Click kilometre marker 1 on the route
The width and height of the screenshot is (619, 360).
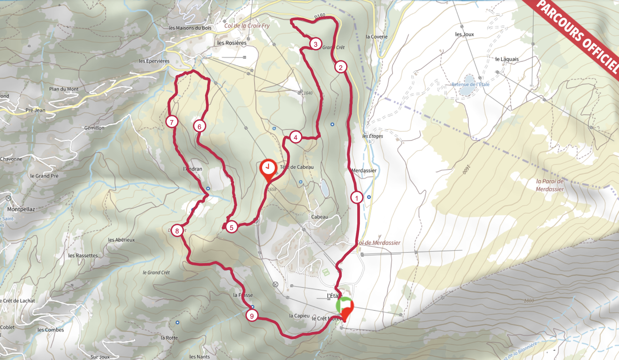(x=357, y=198)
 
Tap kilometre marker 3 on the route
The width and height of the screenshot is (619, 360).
(x=316, y=44)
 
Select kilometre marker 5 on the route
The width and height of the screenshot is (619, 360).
(x=231, y=227)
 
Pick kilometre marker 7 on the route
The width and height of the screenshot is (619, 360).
(x=172, y=122)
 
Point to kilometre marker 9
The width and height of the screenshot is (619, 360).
(x=252, y=316)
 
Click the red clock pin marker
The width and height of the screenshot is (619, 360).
(x=268, y=168)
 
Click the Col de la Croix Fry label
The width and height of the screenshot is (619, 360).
(x=247, y=26)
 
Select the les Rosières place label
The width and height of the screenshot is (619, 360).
(x=232, y=43)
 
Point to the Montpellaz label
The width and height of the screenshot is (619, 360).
(x=21, y=209)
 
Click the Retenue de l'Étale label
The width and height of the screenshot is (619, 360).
(x=470, y=84)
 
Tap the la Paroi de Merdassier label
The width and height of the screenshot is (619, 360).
(x=550, y=185)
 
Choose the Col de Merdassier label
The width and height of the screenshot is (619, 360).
(x=379, y=243)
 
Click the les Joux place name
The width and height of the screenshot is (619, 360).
(x=464, y=34)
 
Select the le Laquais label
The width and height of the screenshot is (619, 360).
(x=507, y=59)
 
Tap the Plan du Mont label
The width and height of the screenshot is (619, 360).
(x=64, y=89)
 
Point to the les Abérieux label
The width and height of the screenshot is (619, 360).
(x=121, y=240)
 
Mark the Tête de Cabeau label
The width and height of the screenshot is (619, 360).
(x=297, y=167)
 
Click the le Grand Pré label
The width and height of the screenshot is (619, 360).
(x=44, y=176)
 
